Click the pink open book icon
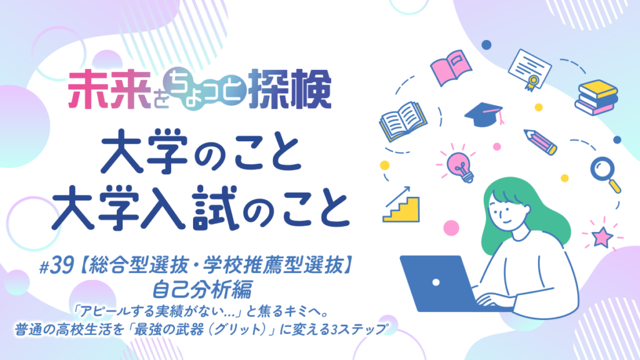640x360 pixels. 451,67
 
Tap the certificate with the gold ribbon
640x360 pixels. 529,69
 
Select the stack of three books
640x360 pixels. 596,97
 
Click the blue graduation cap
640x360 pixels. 484,115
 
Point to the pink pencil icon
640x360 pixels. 540,142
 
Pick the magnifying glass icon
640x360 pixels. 605,174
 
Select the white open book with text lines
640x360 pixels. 403,122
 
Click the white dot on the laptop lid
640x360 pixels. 436,282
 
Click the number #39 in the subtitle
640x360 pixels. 56,267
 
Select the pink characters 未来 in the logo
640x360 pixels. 109,91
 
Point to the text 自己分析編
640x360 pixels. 202,289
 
